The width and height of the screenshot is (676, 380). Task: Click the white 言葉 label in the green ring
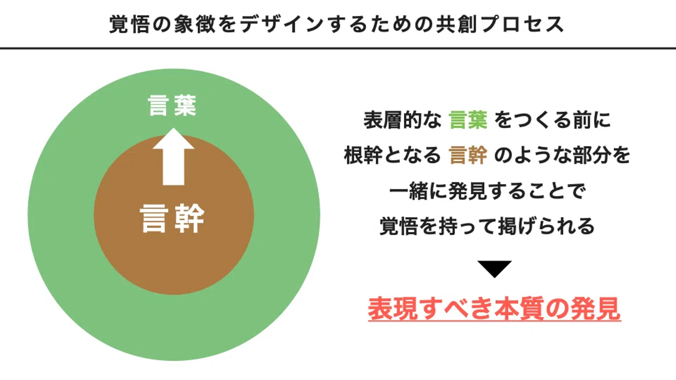click(x=172, y=106)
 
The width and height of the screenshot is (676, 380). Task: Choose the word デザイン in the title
click(x=272, y=25)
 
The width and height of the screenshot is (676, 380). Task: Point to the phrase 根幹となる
click(x=392, y=156)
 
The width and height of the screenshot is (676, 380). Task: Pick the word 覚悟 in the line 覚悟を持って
click(x=396, y=227)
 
